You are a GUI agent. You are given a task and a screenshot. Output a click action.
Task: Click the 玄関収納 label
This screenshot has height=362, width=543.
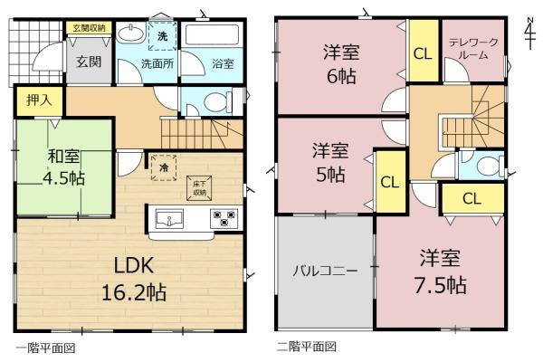(89, 28)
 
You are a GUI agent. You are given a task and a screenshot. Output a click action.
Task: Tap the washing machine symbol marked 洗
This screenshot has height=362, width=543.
(162, 36)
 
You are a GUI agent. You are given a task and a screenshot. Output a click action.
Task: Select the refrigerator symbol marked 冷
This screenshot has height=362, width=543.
(164, 167)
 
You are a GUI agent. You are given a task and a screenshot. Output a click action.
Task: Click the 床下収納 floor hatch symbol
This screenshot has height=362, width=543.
(199, 188)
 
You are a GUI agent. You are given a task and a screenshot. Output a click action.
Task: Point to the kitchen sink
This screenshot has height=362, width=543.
(169, 219)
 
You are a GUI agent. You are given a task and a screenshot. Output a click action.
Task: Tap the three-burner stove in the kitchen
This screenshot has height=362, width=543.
(224, 219)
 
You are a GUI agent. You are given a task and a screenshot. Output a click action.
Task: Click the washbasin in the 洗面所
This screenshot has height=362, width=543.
(131, 33)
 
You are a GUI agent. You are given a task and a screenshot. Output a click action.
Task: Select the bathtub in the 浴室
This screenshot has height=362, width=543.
(211, 34)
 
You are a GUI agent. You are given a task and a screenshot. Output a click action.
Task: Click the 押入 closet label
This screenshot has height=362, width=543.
(40, 100)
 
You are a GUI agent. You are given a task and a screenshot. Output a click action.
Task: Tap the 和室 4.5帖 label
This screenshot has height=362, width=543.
(63, 167)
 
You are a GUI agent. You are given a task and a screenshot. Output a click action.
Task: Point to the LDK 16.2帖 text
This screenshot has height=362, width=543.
(134, 279)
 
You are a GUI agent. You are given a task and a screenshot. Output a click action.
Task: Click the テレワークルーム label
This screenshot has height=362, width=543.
(473, 49)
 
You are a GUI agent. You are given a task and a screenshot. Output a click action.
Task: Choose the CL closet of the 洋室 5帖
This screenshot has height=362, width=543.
(390, 182)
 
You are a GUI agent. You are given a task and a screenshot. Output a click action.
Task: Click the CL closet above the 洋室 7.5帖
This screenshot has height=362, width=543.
(472, 199)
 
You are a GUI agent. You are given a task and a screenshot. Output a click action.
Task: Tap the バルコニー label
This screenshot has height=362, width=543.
(325, 271)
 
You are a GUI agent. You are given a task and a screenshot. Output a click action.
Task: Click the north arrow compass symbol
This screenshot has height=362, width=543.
(529, 33)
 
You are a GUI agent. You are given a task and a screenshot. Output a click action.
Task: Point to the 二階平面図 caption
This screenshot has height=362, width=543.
(306, 347)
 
